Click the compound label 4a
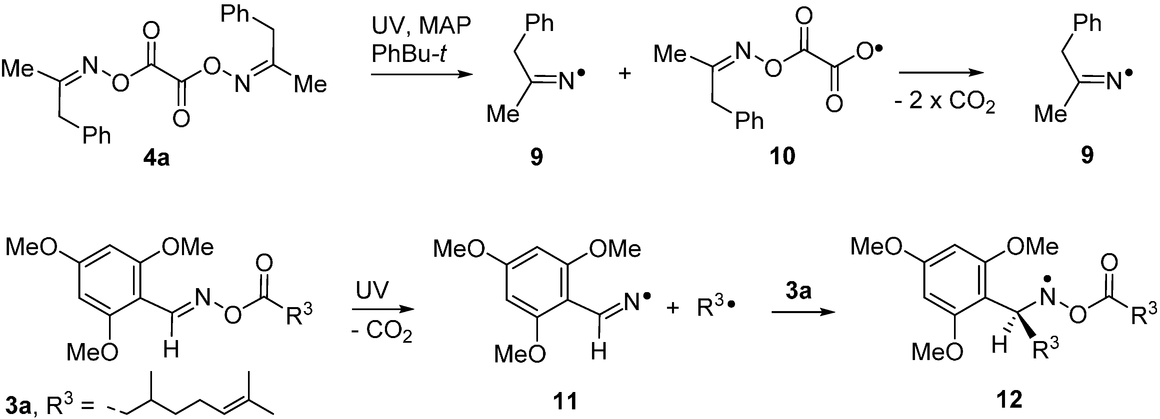click(x=156, y=159)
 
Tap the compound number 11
click(x=566, y=401)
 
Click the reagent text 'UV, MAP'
click(x=421, y=27)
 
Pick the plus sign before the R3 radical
click(x=672, y=309)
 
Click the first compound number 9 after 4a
click(x=537, y=158)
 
